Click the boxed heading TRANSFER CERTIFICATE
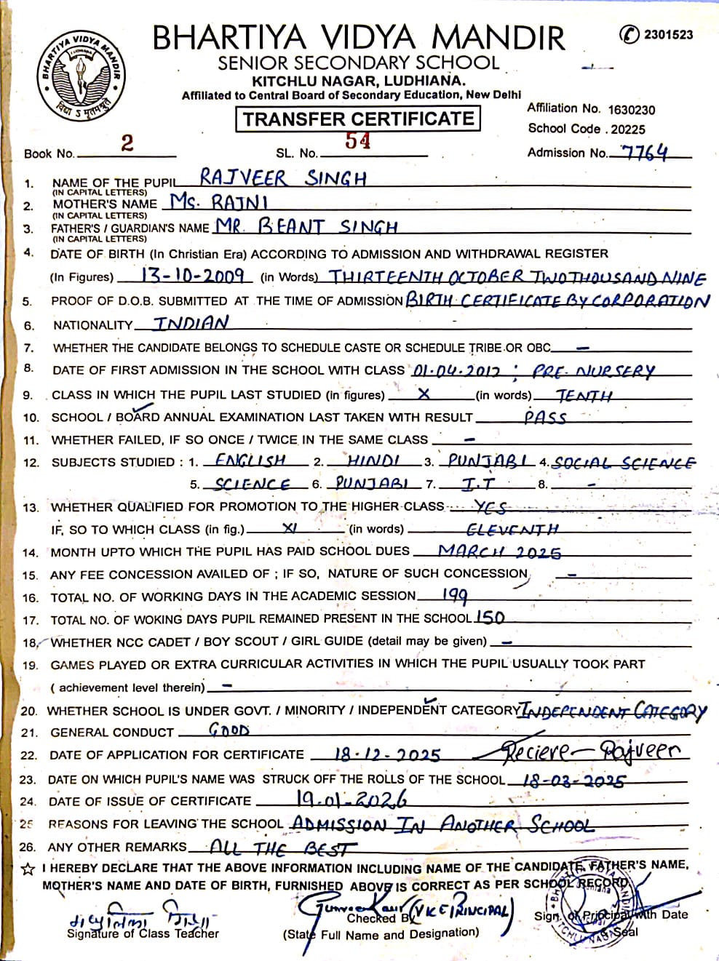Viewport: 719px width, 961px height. point(357,119)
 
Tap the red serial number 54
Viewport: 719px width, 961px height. point(357,141)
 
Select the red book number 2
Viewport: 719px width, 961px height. point(127,143)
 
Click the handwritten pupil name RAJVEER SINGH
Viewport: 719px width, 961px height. point(283,178)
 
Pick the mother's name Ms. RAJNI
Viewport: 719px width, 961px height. point(219,202)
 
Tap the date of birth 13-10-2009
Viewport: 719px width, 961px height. point(183,276)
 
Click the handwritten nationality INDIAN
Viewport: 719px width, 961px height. point(191,323)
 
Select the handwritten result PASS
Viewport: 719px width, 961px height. point(545,417)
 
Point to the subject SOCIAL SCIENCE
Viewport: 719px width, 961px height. point(624,462)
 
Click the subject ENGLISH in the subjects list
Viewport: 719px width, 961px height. point(250,460)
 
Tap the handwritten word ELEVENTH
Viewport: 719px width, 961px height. point(512,529)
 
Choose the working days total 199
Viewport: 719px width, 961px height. point(455,596)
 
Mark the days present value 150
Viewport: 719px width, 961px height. point(490,618)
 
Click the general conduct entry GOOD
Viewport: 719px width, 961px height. point(229,730)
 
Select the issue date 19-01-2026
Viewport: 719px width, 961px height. point(351,799)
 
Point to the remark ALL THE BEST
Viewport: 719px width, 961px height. point(282,848)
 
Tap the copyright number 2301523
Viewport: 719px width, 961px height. point(668,34)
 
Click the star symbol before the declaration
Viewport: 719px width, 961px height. point(28,869)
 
